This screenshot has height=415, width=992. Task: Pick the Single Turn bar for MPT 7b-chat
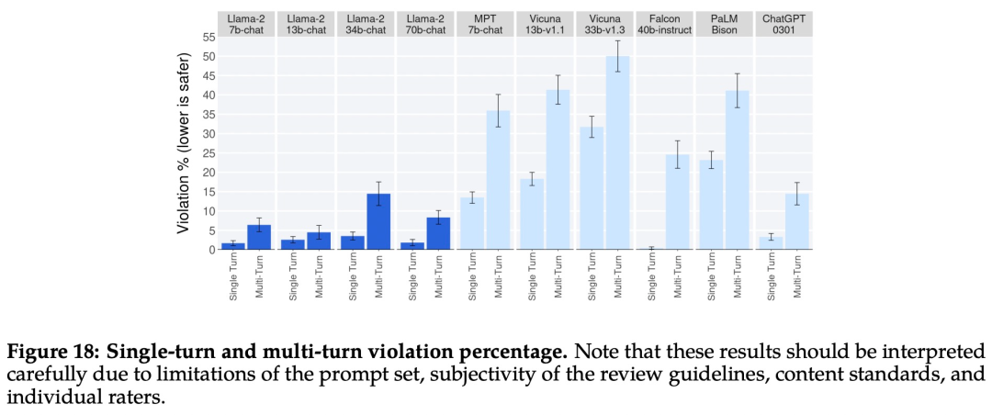click(x=472, y=223)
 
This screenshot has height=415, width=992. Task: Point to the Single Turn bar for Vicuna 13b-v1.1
click(x=532, y=214)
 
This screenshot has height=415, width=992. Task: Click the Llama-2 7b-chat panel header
click(x=246, y=25)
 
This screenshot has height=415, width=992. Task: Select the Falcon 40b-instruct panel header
click(x=664, y=25)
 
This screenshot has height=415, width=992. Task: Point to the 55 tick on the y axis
click(x=207, y=37)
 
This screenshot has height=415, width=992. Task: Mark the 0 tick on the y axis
click(x=210, y=249)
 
